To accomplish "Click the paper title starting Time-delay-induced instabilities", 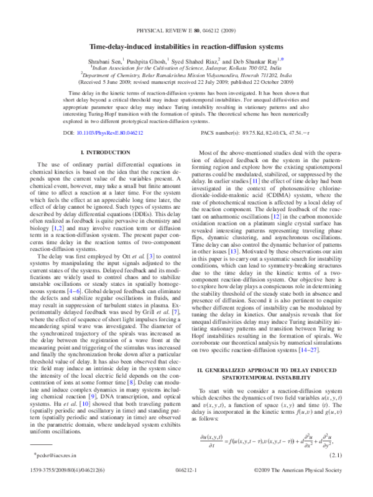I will pos(186,47).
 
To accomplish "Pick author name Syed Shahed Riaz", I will pos(196,62).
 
